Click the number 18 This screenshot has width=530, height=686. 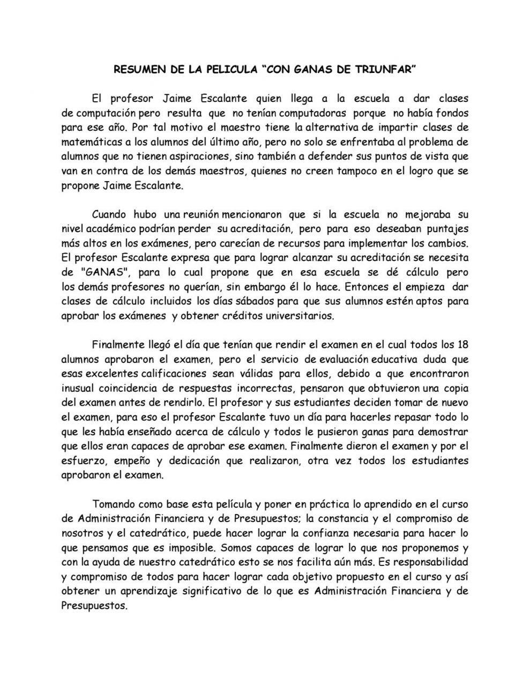coord(463,344)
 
